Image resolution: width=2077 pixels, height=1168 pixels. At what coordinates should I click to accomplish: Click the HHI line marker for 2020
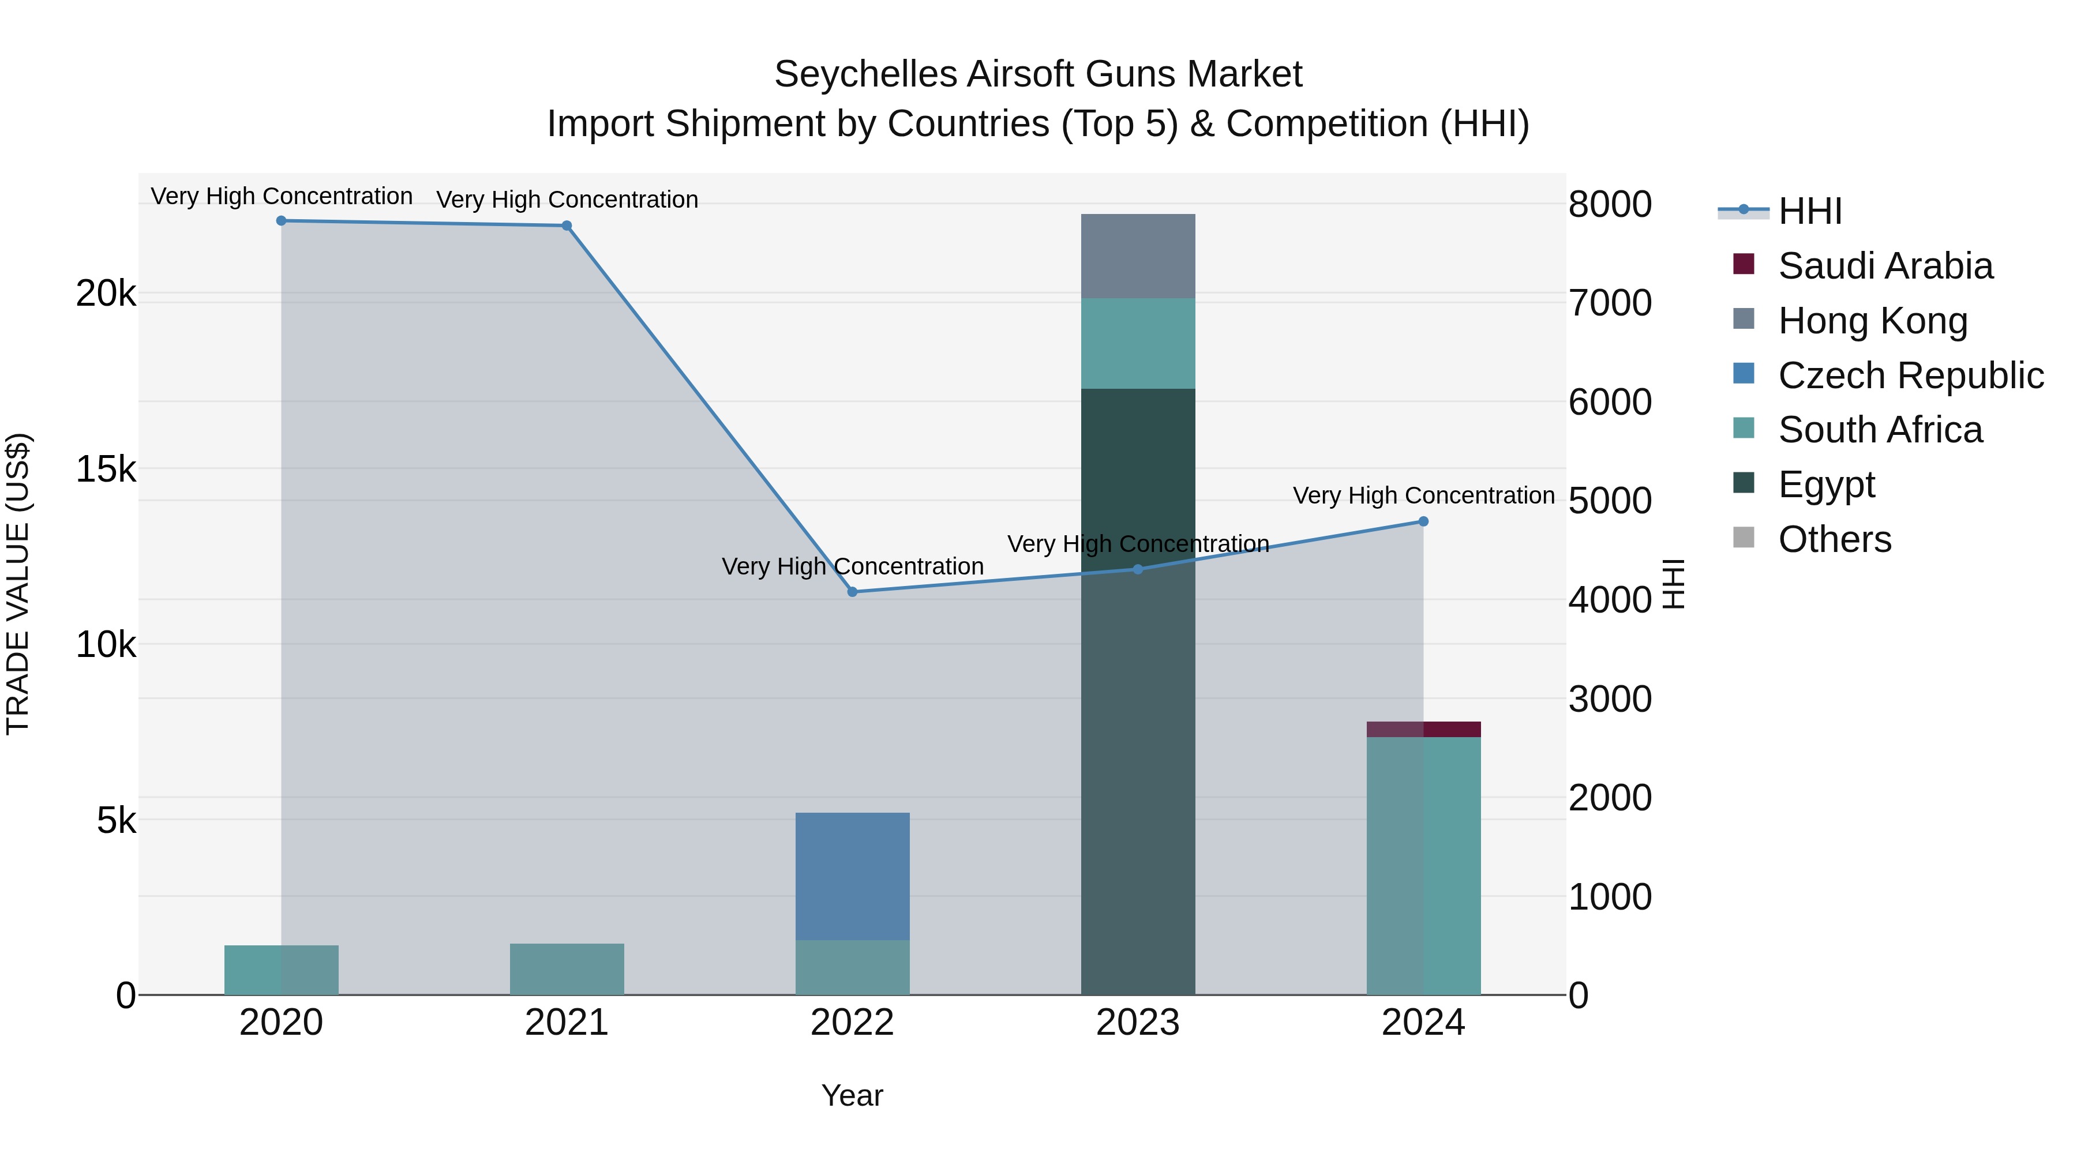tap(282, 221)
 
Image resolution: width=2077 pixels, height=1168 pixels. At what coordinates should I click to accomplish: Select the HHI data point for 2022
tap(852, 592)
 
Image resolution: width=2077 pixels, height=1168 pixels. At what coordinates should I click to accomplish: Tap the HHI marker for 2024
tap(1423, 521)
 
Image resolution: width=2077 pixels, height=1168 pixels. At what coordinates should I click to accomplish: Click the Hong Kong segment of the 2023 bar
tap(1138, 256)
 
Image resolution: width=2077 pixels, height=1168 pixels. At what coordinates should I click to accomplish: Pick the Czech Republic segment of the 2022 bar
tap(852, 876)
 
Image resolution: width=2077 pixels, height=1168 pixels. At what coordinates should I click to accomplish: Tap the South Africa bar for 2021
tap(567, 969)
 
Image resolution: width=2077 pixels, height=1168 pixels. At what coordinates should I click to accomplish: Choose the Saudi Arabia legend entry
tap(1884, 266)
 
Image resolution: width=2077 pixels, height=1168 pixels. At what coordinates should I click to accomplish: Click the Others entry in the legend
tap(1834, 539)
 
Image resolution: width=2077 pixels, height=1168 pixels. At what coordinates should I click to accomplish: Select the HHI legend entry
tap(1809, 211)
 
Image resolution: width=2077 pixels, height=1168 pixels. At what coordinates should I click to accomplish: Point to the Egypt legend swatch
tap(1743, 483)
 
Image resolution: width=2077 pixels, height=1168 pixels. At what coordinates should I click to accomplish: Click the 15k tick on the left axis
tap(106, 469)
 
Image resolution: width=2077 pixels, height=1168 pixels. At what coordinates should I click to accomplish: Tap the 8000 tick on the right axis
tap(1609, 204)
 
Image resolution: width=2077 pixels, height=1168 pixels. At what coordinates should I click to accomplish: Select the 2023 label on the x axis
tap(1138, 1023)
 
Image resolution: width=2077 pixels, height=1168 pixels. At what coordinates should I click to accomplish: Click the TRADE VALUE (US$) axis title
tap(18, 584)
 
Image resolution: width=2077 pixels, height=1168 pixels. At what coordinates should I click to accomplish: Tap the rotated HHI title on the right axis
tap(1673, 584)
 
